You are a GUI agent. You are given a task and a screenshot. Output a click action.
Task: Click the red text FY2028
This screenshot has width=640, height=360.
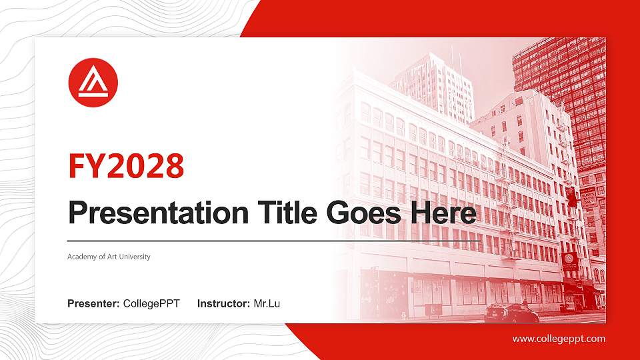126,167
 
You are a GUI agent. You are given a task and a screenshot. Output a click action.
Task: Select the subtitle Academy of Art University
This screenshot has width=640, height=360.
109,257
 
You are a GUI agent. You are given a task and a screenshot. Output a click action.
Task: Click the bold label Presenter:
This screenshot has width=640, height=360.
93,304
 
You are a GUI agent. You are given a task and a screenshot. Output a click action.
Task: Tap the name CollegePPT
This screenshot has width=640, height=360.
151,304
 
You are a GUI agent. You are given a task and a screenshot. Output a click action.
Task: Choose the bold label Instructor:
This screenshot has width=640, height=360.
224,304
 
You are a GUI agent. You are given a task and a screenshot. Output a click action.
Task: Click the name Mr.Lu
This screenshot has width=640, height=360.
267,304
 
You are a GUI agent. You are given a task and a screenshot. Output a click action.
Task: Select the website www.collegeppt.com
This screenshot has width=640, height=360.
559,339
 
